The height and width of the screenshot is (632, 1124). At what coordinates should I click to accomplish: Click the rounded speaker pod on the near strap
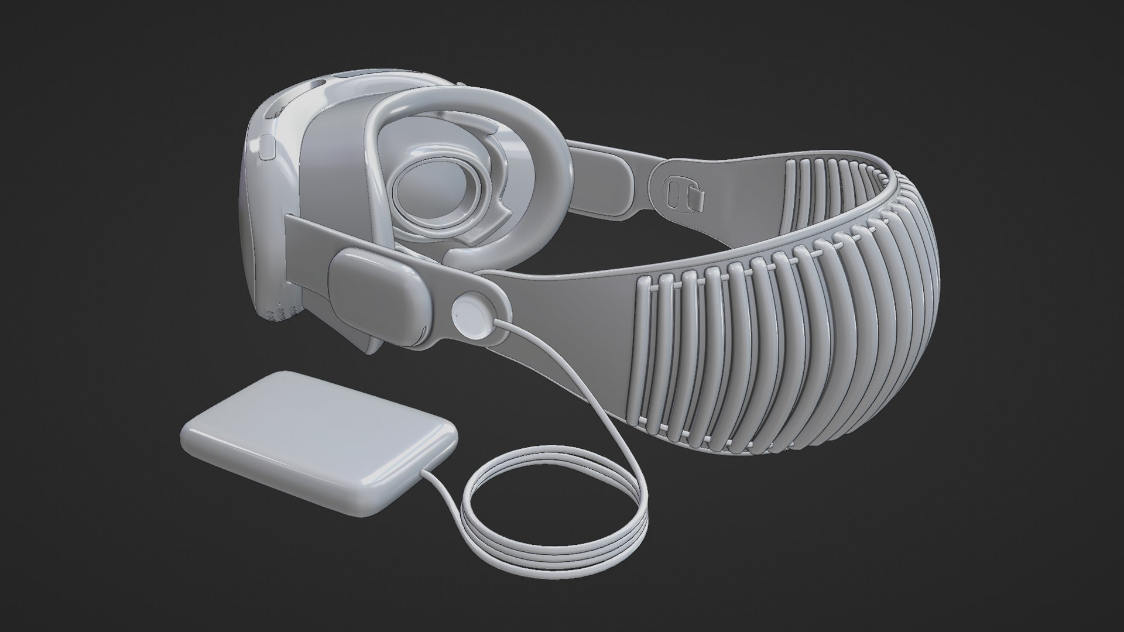(378, 293)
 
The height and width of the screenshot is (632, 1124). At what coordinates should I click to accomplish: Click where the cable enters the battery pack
(425, 473)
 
